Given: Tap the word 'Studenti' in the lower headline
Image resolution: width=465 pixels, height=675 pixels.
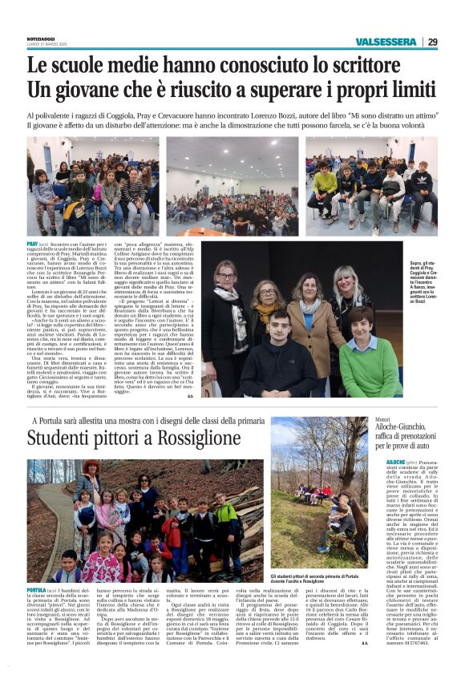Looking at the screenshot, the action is click(x=64, y=438).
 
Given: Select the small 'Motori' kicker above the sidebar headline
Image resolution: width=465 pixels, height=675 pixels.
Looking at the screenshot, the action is click(x=381, y=420).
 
